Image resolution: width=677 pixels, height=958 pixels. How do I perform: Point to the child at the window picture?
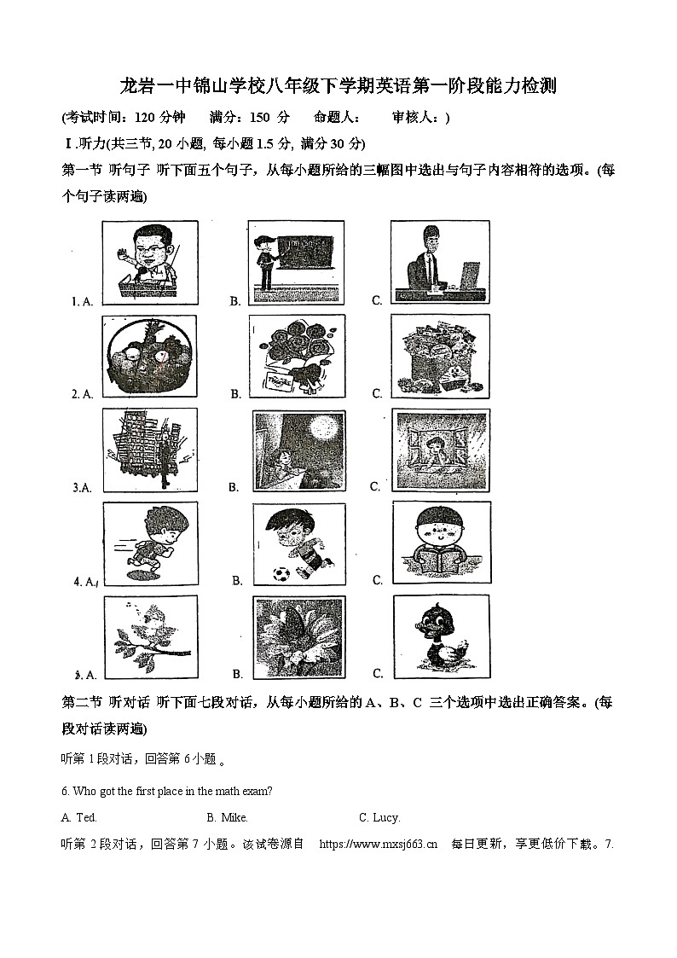point(440,450)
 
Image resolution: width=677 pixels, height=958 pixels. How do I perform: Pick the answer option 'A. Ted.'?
point(79,817)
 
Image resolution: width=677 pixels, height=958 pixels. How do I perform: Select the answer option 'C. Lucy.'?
point(379,817)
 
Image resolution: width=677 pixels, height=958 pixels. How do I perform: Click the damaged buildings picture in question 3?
point(150,450)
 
